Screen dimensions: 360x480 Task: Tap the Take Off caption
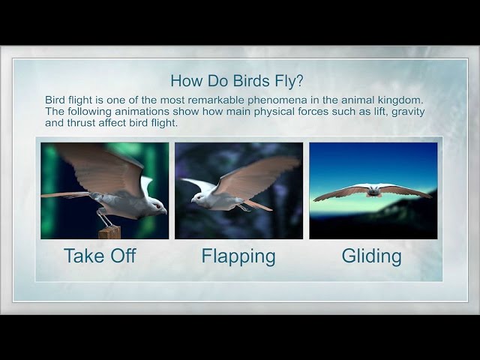tap(100, 256)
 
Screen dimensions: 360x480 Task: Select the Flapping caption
tap(238, 256)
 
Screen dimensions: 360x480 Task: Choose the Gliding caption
tap(371, 256)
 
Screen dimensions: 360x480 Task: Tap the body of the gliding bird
tap(372, 190)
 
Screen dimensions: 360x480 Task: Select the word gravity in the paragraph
tap(407, 111)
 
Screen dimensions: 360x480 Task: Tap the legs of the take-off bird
tap(106, 219)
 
